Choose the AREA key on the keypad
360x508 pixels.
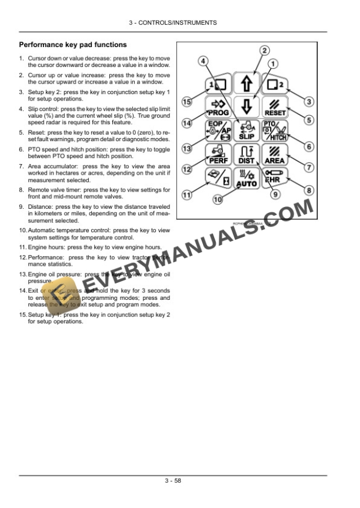(x=275, y=155)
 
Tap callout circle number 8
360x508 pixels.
(x=309, y=190)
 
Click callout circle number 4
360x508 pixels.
(x=202, y=61)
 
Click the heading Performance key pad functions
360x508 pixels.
(x=73, y=45)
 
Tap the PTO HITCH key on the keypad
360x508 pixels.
(x=275, y=131)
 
